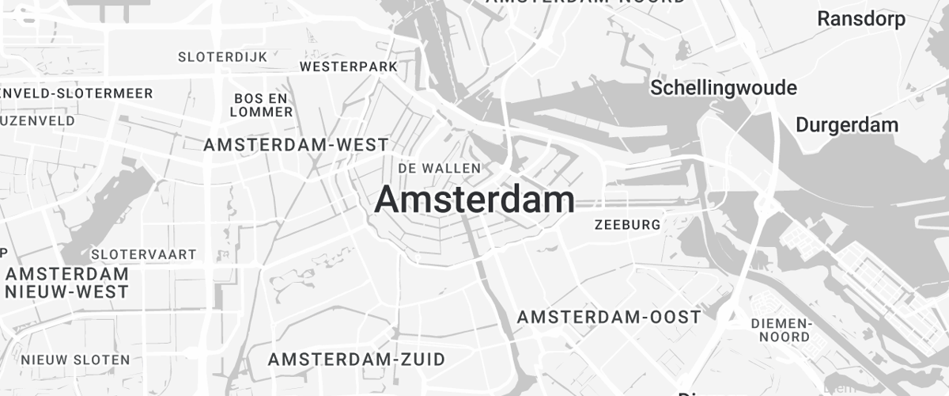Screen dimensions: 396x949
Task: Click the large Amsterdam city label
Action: (x=475, y=200)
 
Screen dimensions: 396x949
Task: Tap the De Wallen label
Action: (x=440, y=168)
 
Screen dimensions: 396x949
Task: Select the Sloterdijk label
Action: (x=222, y=57)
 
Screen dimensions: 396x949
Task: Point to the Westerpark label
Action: (x=349, y=67)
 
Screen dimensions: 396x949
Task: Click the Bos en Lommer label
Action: (x=261, y=105)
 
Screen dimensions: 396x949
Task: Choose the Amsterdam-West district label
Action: (x=296, y=145)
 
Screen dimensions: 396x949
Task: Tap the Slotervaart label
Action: (x=144, y=254)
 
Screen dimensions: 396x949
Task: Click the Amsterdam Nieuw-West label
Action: (x=67, y=283)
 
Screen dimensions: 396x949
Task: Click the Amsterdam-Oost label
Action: (x=609, y=318)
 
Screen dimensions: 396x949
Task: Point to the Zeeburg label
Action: (x=627, y=225)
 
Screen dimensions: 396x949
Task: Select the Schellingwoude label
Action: (x=723, y=88)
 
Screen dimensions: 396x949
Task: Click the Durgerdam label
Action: (x=847, y=125)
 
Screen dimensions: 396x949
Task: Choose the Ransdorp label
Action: (x=861, y=19)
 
